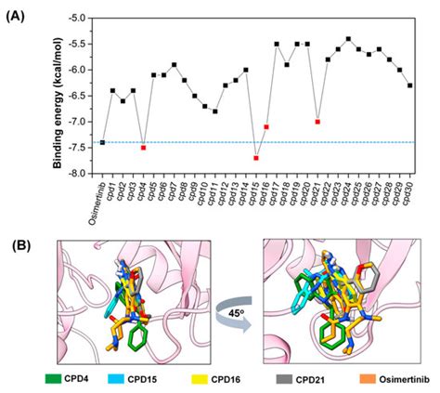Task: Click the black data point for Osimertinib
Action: pos(102,142)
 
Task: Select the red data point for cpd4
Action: pos(143,147)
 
